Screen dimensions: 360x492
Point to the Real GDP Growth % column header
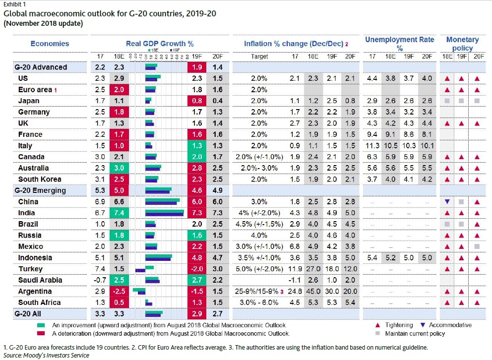[x=160, y=44]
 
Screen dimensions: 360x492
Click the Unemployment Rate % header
[x=399, y=44]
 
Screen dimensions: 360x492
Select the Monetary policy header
[x=462, y=44]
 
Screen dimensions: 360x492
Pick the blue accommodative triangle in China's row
[x=447, y=202]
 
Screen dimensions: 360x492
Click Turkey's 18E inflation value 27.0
[x=313, y=269]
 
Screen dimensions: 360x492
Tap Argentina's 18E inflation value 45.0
[x=313, y=291]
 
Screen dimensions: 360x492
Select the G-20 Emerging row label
[x=40, y=190]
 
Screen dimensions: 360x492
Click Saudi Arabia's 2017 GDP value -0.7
[x=101, y=280]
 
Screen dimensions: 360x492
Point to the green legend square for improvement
[x=41, y=325]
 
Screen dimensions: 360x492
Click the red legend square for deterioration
[x=41, y=333]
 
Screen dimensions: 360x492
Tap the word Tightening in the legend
[x=400, y=325]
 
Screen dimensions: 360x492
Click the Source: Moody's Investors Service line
[x=46, y=355]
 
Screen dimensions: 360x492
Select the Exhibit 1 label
[x=14, y=4]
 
